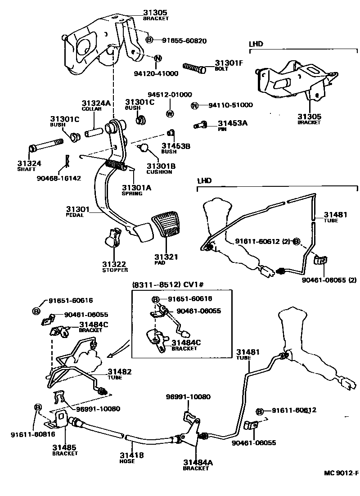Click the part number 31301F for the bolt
click(229, 63)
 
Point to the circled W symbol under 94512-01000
click(170, 113)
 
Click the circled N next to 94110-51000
click(194, 105)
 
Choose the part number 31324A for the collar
click(96, 103)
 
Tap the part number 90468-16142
click(59, 178)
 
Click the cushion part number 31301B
click(160, 166)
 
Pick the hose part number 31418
click(131, 455)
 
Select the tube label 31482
click(119, 371)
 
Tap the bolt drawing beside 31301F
click(194, 69)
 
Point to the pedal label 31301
click(78, 209)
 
